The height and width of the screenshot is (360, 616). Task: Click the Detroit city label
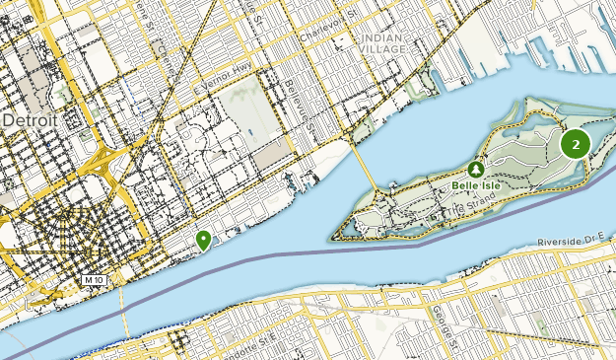31,120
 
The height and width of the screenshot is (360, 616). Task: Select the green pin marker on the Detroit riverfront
203,239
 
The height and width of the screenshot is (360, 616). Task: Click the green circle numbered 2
576,144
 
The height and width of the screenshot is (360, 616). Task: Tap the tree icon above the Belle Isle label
478,168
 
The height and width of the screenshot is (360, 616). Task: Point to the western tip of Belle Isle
331,237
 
